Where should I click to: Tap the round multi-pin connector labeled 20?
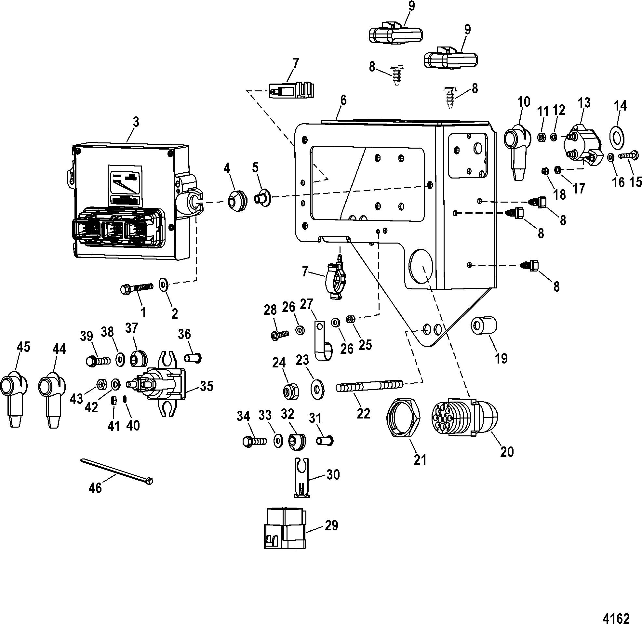[464, 418]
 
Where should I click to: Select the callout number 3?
[136, 122]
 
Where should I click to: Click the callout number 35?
[207, 386]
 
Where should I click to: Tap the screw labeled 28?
[281, 335]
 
